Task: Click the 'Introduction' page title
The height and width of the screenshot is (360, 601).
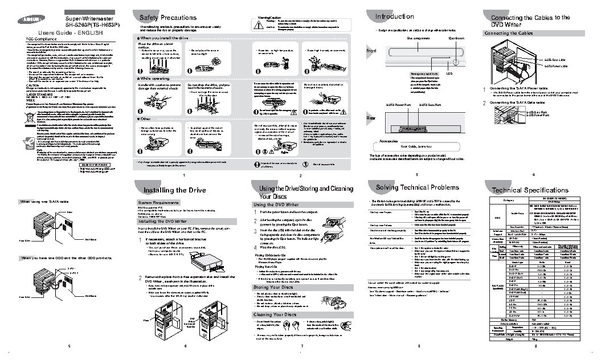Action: pyautogui.click(x=394, y=17)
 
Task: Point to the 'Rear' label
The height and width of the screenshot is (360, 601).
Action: pyautogui.click(x=370, y=118)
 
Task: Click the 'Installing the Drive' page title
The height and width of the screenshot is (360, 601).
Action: pyautogui.click(x=166, y=189)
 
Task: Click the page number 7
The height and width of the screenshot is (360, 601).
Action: pyautogui.click(x=301, y=346)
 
